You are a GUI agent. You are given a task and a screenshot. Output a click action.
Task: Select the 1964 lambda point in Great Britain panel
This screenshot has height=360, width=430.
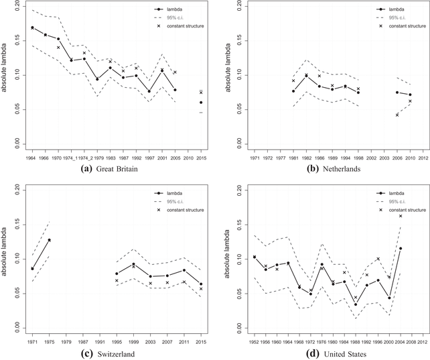pos(32,27)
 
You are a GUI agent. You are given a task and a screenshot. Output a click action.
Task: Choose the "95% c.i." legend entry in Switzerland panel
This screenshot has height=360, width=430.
pos(172,200)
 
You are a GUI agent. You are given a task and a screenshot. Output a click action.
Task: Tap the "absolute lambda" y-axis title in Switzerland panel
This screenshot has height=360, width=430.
pos(5,259)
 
